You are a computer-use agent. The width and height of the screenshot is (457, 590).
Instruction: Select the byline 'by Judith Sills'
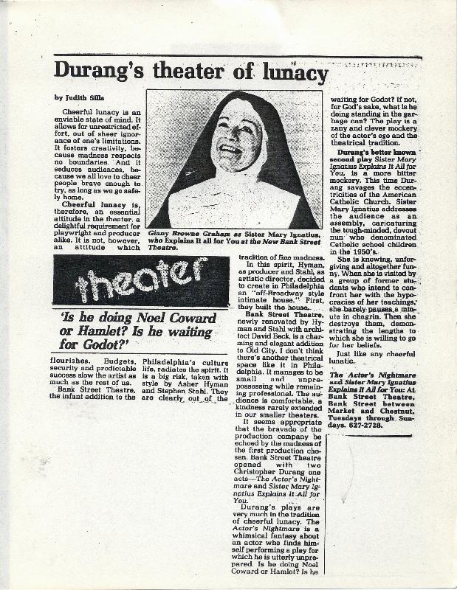(x=81, y=97)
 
